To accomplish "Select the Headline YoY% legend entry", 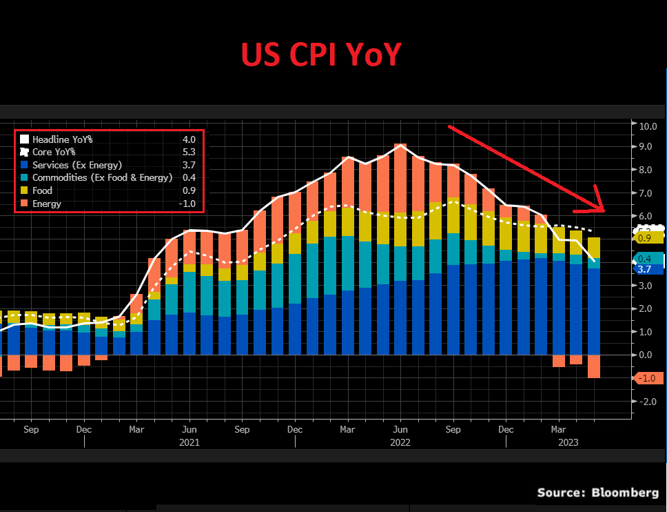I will [62, 139].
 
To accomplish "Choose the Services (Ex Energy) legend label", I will [76, 165].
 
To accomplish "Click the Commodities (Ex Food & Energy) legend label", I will [102, 178].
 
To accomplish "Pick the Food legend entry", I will [42, 190].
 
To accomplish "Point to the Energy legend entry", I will [46, 204].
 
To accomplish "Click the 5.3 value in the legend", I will [189, 152].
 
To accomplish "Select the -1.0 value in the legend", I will [188, 204].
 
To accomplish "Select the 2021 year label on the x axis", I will [189, 442].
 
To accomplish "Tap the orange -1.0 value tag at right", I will [647, 378].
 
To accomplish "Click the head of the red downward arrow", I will [599, 208].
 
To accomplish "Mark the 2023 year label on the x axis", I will [568, 442].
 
